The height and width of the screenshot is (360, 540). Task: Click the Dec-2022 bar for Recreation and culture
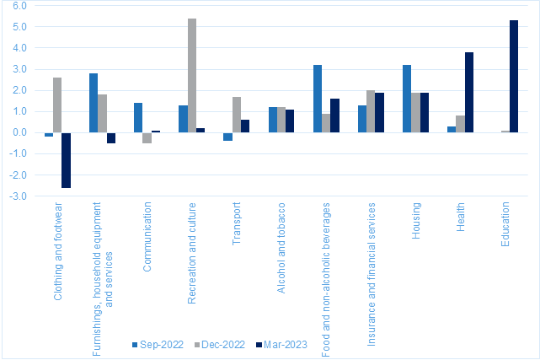(x=192, y=75)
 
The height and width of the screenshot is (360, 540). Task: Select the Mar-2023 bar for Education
(x=514, y=77)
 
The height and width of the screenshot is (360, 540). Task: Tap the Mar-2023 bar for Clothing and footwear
(x=66, y=160)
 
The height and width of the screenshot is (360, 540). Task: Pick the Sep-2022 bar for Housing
(x=407, y=99)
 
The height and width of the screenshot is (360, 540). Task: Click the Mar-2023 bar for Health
(x=469, y=93)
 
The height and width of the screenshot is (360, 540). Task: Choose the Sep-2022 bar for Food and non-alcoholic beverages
(x=318, y=99)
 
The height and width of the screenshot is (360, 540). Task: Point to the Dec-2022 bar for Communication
(x=147, y=137)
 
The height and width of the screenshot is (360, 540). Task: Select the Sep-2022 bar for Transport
(x=227, y=137)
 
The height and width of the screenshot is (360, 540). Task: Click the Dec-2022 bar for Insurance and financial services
(x=371, y=111)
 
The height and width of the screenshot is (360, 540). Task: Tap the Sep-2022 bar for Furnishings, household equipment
(x=94, y=103)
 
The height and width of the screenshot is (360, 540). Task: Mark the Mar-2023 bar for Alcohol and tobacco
(x=290, y=121)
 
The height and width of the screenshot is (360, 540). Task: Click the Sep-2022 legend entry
(x=158, y=345)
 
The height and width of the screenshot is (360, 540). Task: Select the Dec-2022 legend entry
(x=220, y=345)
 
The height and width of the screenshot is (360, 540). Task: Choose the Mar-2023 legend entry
(x=281, y=345)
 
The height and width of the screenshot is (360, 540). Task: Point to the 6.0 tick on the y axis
(x=19, y=6)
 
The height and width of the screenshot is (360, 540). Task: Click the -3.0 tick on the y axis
(x=18, y=196)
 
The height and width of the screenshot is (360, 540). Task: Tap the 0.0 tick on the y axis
(x=19, y=132)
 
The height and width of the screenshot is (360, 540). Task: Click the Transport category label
(x=236, y=223)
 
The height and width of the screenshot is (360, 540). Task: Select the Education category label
(x=505, y=224)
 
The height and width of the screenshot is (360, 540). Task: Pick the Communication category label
(x=147, y=237)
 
